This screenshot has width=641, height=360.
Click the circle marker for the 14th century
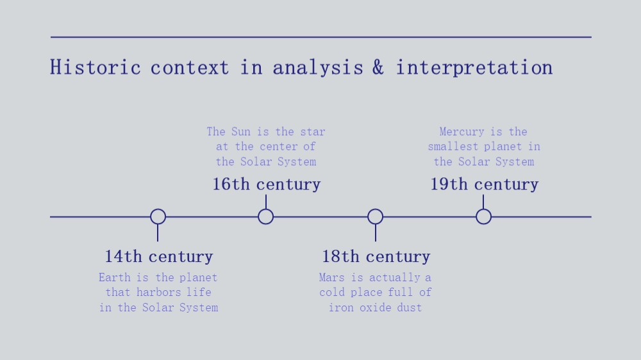coord(158,209)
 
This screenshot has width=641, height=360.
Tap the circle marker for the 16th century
coord(266,209)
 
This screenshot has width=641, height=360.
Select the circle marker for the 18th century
coord(375,209)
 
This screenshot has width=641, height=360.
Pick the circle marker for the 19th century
coord(483,209)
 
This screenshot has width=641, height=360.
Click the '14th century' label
coord(159,257)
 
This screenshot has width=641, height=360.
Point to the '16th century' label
coord(266,184)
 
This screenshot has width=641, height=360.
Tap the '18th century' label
coord(376,257)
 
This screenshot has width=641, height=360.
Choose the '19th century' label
coord(485,184)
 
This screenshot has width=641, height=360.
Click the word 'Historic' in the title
coord(96,67)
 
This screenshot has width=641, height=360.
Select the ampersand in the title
coord(378,67)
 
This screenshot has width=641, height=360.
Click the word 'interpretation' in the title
coord(474,68)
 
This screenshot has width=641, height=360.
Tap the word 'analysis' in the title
coord(318,68)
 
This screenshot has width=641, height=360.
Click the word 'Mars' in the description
coord(331,277)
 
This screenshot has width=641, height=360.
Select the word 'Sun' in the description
coord(241,131)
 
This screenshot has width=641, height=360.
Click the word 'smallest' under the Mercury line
coord(453,146)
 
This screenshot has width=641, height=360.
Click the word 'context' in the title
coord(189,68)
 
